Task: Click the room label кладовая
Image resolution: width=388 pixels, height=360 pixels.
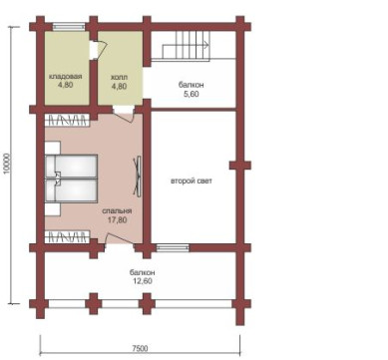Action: pyautogui.click(x=65, y=77)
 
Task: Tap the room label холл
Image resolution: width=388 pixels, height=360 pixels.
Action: pyautogui.click(x=119, y=78)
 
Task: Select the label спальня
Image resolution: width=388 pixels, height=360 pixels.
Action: pyautogui.click(x=117, y=211)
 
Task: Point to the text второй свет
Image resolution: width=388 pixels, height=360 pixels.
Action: pyautogui.click(x=192, y=181)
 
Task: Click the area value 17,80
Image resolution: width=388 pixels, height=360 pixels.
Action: pyautogui.click(x=118, y=219)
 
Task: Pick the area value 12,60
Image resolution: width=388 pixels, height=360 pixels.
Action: pyautogui.click(x=143, y=281)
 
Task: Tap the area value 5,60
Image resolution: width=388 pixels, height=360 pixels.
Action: pyautogui.click(x=192, y=94)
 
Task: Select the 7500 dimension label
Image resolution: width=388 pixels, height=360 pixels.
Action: pyautogui.click(x=140, y=348)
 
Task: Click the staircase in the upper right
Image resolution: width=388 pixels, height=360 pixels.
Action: pyautogui.click(x=187, y=46)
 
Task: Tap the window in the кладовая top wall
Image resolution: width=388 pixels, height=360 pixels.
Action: pyautogui.click(x=69, y=26)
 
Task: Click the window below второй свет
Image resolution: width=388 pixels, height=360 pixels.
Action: pyautogui.click(x=173, y=248)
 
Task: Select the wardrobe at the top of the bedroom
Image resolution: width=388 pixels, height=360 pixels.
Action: pyautogui.click(x=68, y=120)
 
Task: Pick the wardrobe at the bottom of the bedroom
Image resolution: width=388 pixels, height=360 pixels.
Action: pyautogui.click(x=68, y=236)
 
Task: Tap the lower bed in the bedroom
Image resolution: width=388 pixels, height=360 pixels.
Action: pyautogui.click(x=71, y=190)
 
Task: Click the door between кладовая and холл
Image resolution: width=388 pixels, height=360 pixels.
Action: pyautogui.click(x=98, y=50)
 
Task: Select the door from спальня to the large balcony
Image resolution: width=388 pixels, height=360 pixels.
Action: pyautogui.click(x=120, y=240)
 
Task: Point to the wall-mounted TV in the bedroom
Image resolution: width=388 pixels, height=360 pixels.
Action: pyautogui.click(x=138, y=176)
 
